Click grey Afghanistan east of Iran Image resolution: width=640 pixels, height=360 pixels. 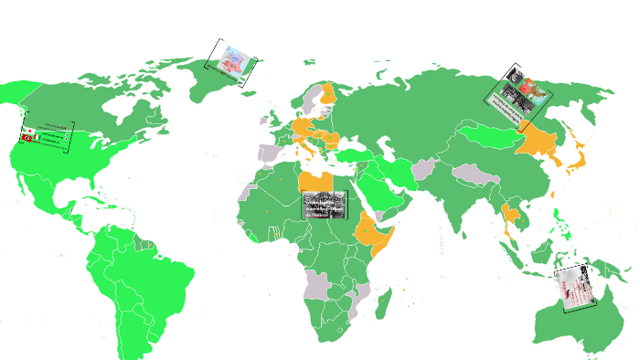click(426, 169)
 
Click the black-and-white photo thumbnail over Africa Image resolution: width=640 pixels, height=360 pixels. click(325, 206)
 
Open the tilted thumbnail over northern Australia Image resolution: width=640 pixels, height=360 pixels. click(578, 289)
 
